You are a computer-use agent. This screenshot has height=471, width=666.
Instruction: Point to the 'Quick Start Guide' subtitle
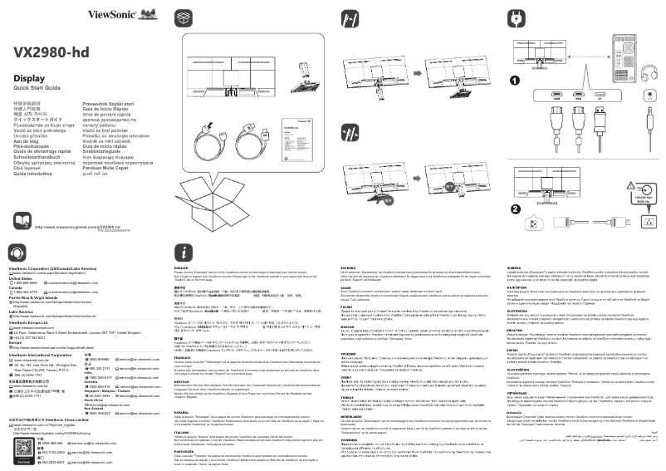37,87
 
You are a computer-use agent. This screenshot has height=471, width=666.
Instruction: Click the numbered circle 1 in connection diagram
515,81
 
